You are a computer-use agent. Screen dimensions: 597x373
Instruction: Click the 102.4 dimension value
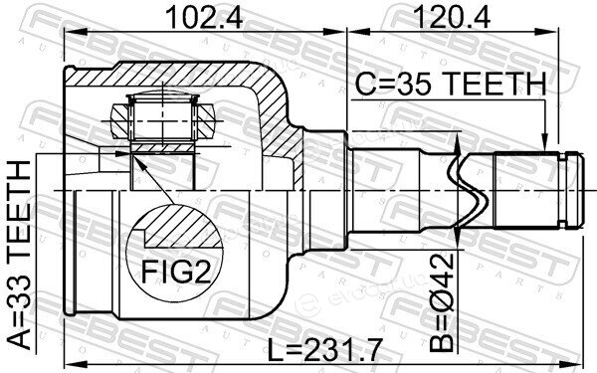point(204,18)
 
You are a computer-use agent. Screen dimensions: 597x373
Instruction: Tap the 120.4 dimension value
point(452,18)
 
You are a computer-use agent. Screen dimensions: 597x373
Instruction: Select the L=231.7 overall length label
point(324,351)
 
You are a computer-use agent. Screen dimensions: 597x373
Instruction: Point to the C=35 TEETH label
point(451,84)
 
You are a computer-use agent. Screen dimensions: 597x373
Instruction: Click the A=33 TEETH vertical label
point(19,255)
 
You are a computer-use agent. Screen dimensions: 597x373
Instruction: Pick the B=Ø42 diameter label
point(442,301)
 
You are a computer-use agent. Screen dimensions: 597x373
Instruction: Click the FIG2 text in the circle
point(176,271)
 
